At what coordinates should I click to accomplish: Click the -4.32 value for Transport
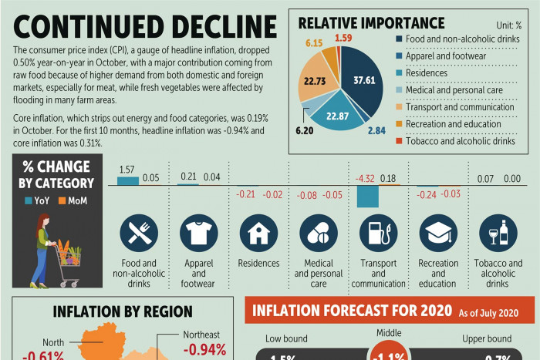click(364, 179)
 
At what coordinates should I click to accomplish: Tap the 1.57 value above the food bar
click(127, 170)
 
